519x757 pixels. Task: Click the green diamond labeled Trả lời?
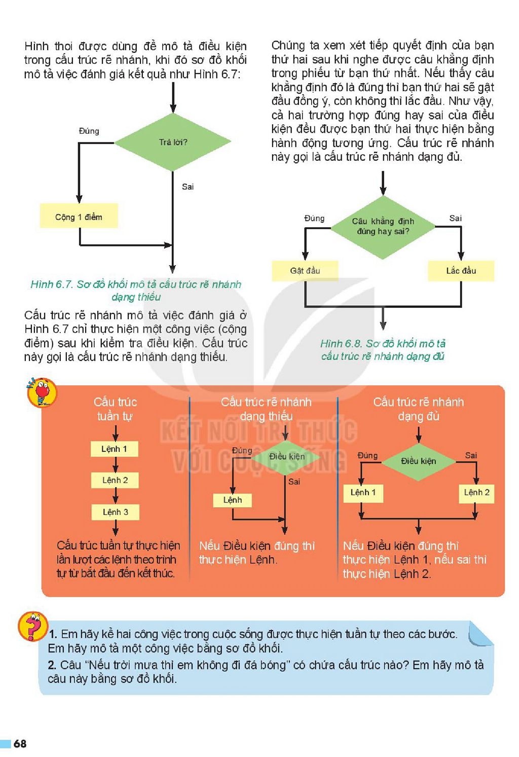(173, 142)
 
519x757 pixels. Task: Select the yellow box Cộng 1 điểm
(79, 216)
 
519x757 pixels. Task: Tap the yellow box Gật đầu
(305, 271)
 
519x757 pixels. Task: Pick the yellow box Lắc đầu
(461, 271)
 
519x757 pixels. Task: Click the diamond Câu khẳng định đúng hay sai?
(383, 227)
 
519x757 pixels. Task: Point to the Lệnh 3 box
(115, 512)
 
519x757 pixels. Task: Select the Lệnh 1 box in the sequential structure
(115, 449)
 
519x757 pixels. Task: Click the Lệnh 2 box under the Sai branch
(476, 492)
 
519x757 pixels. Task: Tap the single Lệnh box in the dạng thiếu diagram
(233, 500)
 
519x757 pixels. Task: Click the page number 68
(20, 743)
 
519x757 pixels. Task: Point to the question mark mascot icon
(32, 626)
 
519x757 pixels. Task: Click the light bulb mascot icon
(42, 392)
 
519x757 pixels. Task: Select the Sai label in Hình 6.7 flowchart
(188, 187)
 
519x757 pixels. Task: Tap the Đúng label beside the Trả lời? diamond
(89, 131)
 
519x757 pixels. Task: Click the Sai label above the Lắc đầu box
(455, 219)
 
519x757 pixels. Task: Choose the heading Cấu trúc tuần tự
(115, 409)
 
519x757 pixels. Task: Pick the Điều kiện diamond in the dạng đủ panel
(418, 461)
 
